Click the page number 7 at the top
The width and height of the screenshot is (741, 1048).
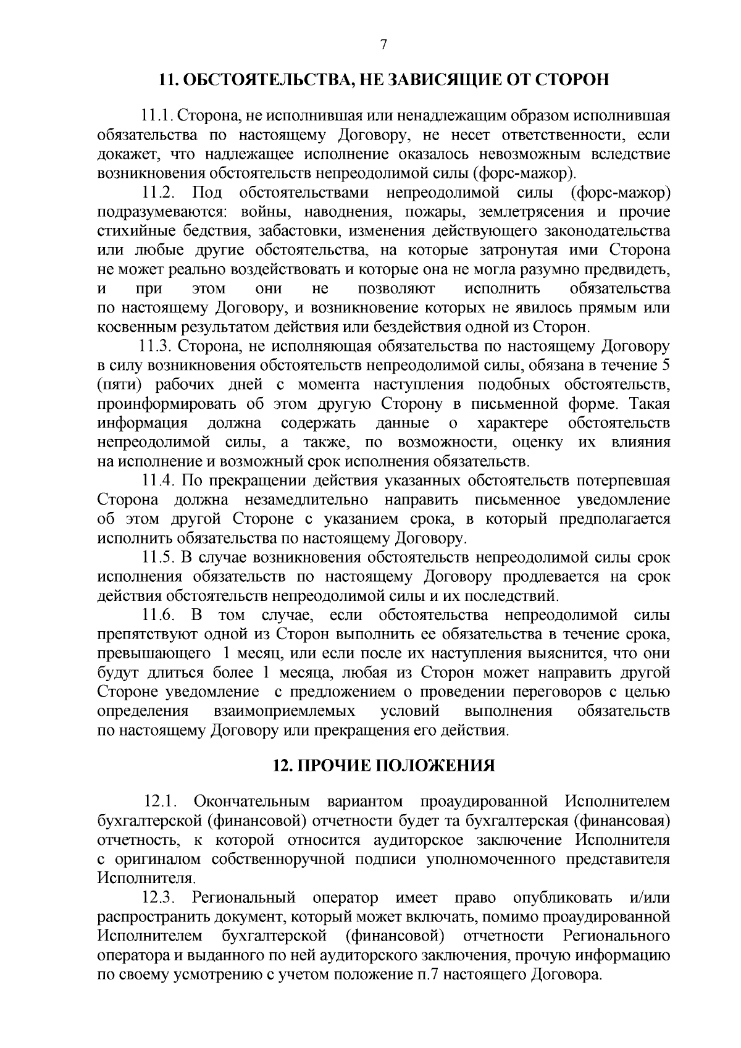click(383, 44)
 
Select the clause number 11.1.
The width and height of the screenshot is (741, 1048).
click(158, 115)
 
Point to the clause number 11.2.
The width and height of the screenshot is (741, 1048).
click(161, 193)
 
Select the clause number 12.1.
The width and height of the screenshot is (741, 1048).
click(161, 802)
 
